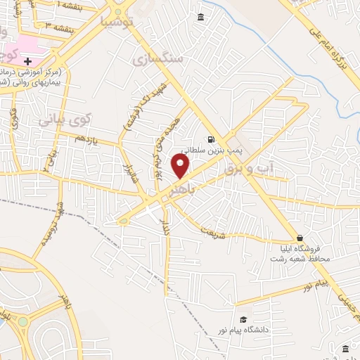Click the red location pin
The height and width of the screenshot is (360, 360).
pyautogui.click(x=181, y=167)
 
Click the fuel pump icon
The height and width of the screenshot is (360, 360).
pyautogui.click(x=210, y=139)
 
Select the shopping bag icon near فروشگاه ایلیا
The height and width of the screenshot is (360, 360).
pyautogui.click(x=300, y=238)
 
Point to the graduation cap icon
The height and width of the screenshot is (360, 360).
pyautogui.click(x=243, y=319)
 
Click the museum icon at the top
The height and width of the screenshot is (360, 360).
pyautogui.click(x=201, y=17)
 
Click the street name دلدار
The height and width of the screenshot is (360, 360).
pyautogui.click(x=166, y=226)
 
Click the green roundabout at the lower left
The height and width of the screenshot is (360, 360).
pyautogui.click(x=23, y=322)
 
